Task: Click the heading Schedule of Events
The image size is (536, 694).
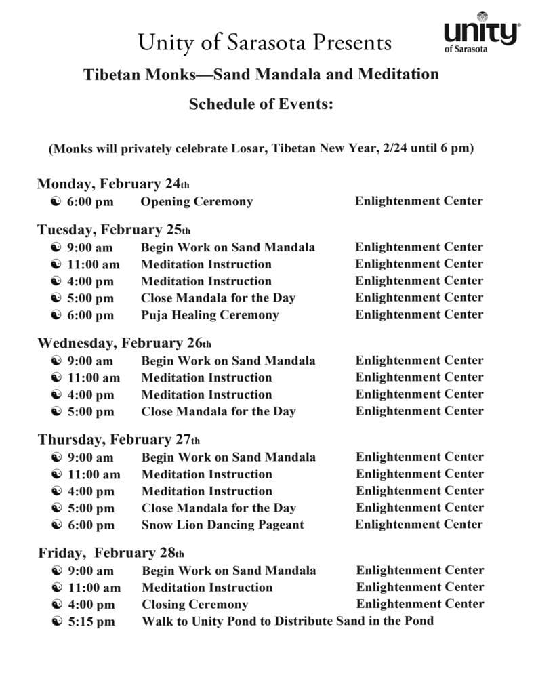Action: point(261,104)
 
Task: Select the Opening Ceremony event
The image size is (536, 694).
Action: point(197,201)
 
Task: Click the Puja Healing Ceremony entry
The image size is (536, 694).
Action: point(209,315)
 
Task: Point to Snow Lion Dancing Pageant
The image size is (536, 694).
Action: point(222,525)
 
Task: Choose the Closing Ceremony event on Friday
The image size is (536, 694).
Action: point(194,605)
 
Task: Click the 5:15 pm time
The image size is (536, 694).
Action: point(91,621)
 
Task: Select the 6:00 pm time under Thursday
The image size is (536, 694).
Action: point(91,525)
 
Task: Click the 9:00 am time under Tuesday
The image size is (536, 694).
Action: point(90,247)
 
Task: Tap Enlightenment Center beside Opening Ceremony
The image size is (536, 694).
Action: point(419,201)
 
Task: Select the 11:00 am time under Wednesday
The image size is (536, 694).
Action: point(94,377)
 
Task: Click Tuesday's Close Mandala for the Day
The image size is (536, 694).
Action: point(218,298)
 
